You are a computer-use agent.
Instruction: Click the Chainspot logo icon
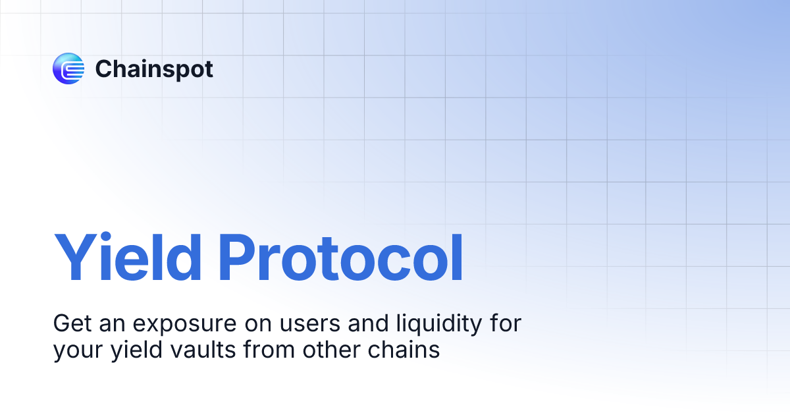68,69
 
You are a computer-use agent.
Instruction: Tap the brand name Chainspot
154,69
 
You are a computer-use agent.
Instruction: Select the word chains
404,350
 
